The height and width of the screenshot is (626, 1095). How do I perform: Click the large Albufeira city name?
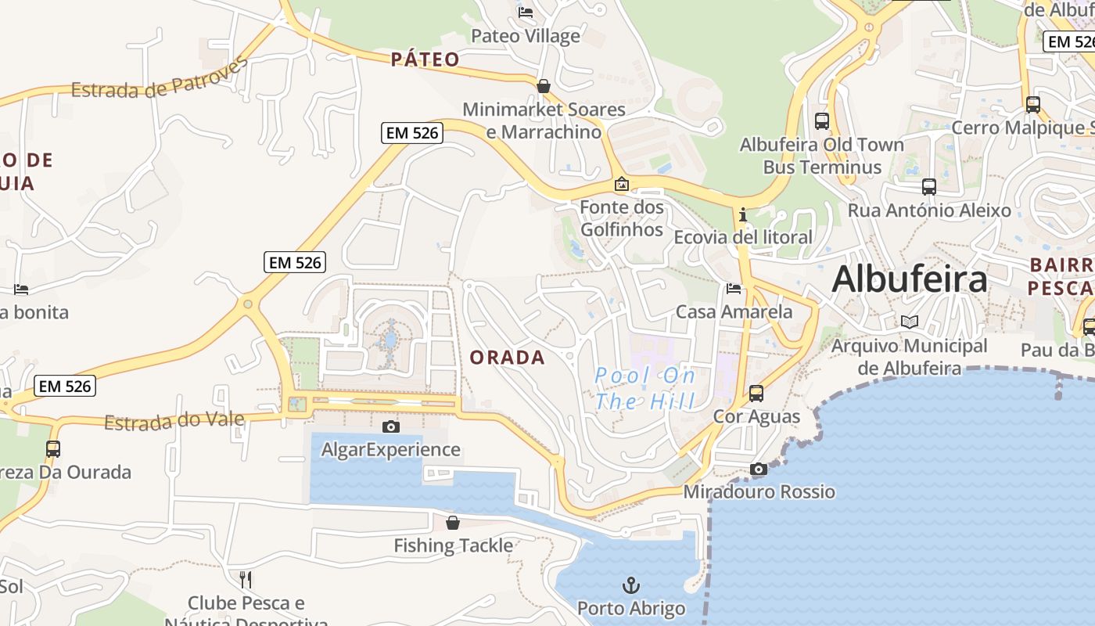click(910, 279)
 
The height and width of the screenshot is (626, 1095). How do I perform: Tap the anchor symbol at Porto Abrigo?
click(630, 585)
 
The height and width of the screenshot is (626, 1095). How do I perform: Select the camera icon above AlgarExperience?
click(390, 426)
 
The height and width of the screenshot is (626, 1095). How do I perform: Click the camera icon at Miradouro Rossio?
click(758, 469)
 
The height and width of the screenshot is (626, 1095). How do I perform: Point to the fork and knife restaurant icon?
click(246, 579)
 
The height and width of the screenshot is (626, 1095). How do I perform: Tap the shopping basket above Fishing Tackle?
click(453, 523)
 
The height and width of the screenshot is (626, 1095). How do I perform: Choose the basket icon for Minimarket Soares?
click(544, 86)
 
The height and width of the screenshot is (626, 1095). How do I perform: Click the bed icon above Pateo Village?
click(526, 13)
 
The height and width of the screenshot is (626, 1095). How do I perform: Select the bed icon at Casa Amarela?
click(734, 289)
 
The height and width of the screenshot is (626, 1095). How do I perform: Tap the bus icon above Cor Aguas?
click(756, 393)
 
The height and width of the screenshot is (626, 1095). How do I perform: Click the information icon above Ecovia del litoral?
click(742, 214)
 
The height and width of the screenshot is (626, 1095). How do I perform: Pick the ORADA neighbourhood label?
click(507, 358)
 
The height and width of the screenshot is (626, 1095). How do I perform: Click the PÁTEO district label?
click(425, 59)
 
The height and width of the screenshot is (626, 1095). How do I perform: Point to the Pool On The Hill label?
click(645, 389)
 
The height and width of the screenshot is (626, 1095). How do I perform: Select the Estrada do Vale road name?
click(174, 422)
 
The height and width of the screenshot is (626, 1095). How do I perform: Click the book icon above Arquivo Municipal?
click(909, 322)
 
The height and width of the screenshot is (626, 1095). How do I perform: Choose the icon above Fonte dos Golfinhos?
click(622, 185)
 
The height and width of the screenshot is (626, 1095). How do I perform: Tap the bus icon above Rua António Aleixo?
click(928, 187)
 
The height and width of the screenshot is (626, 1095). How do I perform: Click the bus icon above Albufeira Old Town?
click(821, 121)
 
